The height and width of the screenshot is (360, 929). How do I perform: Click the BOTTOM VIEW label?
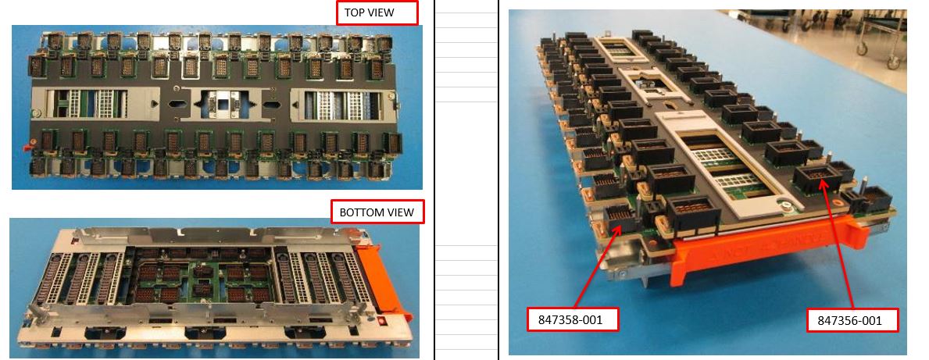(x=377, y=212)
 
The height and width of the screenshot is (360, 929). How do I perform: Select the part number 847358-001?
(x=570, y=319)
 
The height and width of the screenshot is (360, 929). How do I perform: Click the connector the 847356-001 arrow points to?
(x=817, y=176)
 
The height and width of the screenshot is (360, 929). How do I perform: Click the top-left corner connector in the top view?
(x=54, y=41)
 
